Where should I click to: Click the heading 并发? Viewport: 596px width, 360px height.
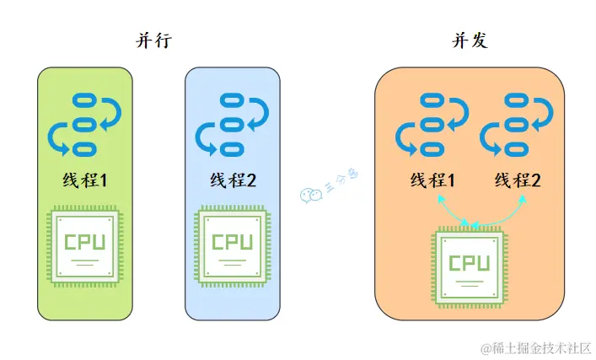470,40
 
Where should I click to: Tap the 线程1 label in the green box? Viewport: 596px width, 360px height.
85,180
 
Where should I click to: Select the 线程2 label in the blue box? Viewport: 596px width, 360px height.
232,180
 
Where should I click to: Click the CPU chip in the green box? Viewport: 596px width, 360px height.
85,247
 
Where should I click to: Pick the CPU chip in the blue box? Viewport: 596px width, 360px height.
232,247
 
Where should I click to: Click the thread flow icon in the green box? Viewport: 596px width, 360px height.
85,125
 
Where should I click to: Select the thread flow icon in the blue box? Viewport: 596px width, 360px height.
232,125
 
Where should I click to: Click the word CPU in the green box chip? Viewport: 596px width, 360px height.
85,242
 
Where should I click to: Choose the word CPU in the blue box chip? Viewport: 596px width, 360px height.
232,242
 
